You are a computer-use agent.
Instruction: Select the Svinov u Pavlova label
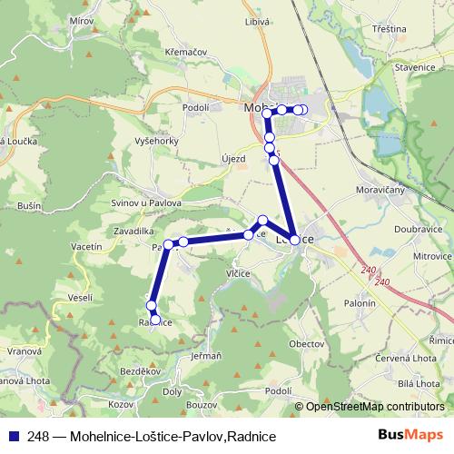(x=146, y=203)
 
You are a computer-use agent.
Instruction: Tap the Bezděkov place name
(x=143, y=372)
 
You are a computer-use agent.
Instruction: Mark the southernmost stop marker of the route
(x=155, y=320)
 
